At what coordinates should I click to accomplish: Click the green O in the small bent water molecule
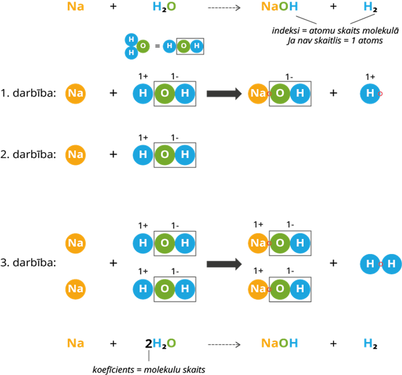[x=143, y=46]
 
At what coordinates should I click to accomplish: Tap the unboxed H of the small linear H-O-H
[x=169, y=46]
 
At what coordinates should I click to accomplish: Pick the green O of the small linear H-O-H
[x=183, y=46]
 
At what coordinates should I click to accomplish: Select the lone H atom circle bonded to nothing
[x=370, y=93]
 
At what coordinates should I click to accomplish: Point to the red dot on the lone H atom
[x=381, y=93]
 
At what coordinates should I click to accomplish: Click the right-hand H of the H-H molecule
[x=392, y=264]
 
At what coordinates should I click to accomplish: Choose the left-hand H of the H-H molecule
[x=370, y=264]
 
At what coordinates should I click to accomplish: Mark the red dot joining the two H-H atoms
[x=381, y=264]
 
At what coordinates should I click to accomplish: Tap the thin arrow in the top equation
[x=224, y=8]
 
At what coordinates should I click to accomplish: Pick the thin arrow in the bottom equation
[x=224, y=344]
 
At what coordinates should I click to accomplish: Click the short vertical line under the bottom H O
[x=148, y=355]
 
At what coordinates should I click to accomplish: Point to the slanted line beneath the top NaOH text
[x=306, y=20]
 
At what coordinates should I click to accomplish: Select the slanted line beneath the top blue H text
[x=362, y=19]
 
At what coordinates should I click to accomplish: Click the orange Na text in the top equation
[x=75, y=7]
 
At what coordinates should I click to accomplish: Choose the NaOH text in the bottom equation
[x=280, y=343]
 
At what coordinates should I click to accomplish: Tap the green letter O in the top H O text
[x=171, y=7]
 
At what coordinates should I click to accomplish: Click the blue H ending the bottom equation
[x=368, y=343]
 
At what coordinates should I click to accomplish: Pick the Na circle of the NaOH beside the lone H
[x=258, y=93]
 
